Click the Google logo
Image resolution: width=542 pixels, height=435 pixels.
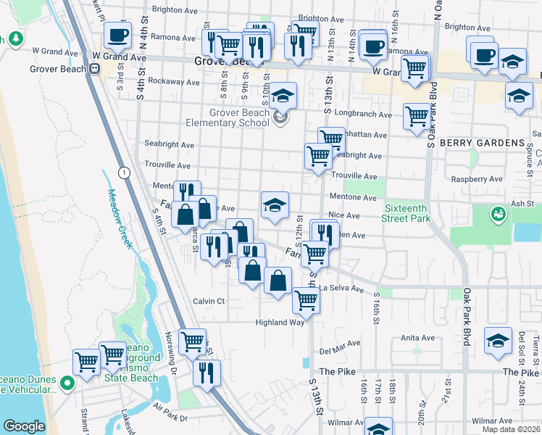coord(24,426)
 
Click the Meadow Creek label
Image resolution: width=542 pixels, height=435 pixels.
coord(121,218)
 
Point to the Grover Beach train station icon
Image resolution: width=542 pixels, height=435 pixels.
coord(94,69)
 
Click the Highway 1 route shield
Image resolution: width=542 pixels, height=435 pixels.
coord(125,172)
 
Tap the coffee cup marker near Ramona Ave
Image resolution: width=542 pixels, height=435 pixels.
coord(117,35)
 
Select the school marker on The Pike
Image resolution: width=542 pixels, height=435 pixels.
coord(498,341)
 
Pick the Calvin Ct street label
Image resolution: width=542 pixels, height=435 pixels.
coord(209,301)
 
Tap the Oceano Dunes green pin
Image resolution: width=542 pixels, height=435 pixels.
coord(67,383)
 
